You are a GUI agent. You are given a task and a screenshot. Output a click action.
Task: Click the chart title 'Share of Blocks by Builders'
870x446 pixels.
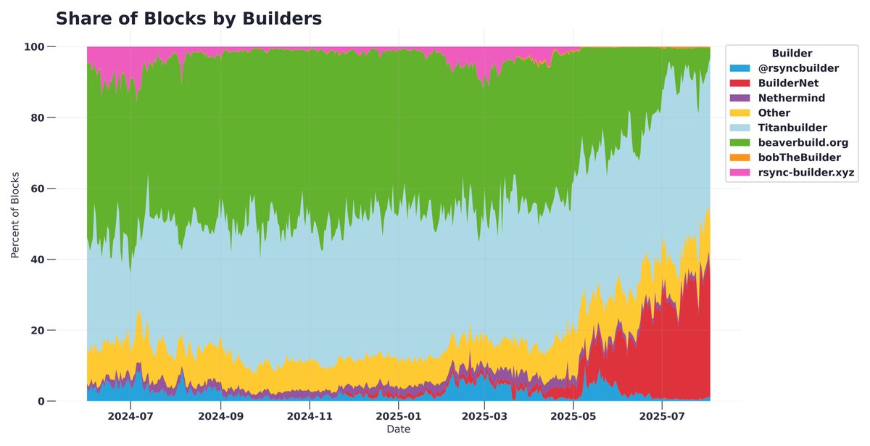click(x=188, y=20)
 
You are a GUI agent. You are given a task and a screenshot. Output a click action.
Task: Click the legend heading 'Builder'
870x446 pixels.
click(x=792, y=54)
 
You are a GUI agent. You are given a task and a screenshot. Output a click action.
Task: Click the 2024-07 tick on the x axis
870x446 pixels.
click(x=130, y=418)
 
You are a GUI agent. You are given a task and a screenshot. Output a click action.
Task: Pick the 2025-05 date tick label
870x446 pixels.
click(x=573, y=418)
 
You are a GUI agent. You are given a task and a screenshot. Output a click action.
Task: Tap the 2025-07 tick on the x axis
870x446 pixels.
click(x=663, y=418)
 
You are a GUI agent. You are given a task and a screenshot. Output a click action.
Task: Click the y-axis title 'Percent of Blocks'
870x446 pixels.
click(x=15, y=216)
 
